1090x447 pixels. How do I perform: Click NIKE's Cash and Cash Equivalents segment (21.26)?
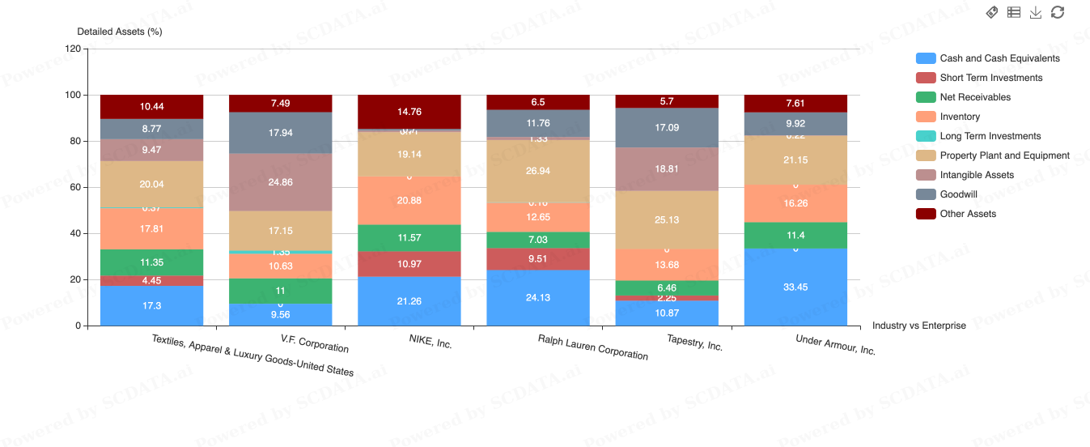tap(409, 301)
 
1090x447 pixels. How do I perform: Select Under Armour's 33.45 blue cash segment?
tap(795, 287)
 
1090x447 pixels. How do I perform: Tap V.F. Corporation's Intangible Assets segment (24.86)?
tap(280, 182)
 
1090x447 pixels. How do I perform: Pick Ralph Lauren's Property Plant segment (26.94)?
tap(538, 171)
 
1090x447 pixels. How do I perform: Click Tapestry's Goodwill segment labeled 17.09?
tap(667, 127)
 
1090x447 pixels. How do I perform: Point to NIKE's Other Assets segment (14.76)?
tap(409, 112)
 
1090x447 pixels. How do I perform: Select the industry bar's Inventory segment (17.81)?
tap(151, 229)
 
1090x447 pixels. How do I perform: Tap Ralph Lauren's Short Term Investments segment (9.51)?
tap(538, 259)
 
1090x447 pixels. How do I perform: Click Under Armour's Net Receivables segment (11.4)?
tap(795, 235)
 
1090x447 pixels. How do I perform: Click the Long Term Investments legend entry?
tap(990, 136)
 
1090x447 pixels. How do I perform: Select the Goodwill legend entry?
tap(958, 194)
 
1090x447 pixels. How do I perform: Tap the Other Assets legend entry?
tap(968, 214)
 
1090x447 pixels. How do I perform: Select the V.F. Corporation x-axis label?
tap(315, 343)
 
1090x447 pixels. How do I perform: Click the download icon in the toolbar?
tap(1036, 12)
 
